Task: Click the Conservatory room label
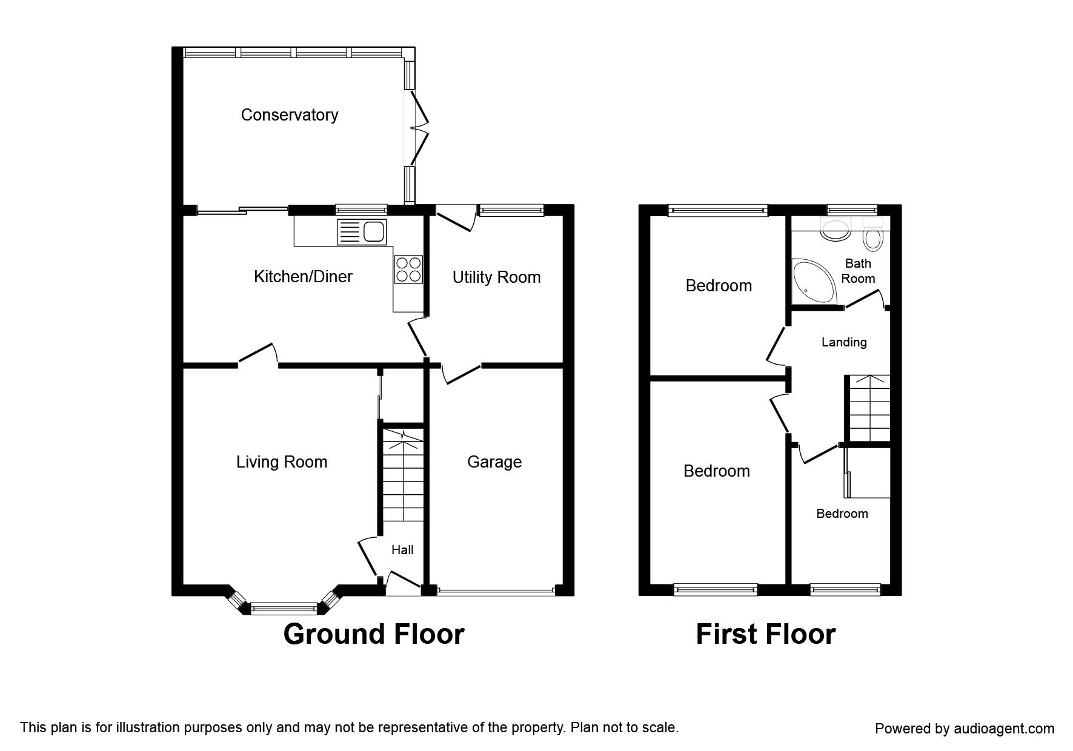(x=289, y=115)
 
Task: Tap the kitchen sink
(x=362, y=231)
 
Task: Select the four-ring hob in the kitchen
(x=408, y=270)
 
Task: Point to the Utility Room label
(x=496, y=277)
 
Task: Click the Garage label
(x=494, y=462)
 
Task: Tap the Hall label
(x=402, y=550)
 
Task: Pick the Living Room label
(x=282, y=462)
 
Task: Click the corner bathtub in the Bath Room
(x=812, y=282)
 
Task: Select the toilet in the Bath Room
(x=873, y=236)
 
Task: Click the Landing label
(x=844, y=342)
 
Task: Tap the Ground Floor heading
(x=374, y=634)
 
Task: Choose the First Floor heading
(x=766, y=634)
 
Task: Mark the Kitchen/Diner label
(x=303, y=277)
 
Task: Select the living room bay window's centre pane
(x=284, y=607)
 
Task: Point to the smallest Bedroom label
(x=842, y=514)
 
